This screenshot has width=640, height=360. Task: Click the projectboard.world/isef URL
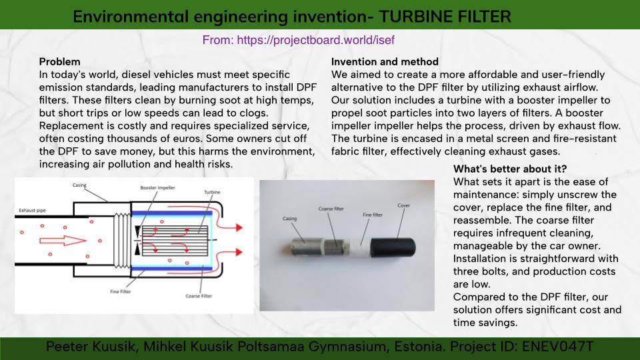click(x=315, y=40)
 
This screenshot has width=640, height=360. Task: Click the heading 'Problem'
click(x=59, y=61)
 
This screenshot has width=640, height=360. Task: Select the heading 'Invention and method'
click(x=385, y=61)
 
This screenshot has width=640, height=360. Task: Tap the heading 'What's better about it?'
click(x=510, y=169)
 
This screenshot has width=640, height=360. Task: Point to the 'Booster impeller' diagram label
click(x=157, y=188)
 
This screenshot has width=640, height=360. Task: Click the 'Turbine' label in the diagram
click(x=212, y=192)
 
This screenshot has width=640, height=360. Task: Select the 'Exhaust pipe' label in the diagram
click(x=32, y=211)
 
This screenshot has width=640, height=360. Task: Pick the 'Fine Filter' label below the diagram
click(x=121, y=291)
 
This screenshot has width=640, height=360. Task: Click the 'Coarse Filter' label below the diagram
click(x=199, y=296)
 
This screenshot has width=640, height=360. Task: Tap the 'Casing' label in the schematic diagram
click(x=79, y=185)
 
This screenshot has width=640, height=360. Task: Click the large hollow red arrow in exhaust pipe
click(x=63, y=241)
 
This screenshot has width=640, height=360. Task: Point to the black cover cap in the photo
click(x=393, y=248)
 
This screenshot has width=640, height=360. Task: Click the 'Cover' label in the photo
click(x=404, y=205)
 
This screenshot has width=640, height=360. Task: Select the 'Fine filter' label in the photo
click(x=373, y=215)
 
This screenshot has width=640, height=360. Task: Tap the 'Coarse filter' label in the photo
click(x=331, y=209)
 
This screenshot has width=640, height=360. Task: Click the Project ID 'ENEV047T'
click(x=557, y=347)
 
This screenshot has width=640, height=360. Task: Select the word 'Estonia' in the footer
click(x=419, y=347)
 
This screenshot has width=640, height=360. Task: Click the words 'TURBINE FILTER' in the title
click(x=445, y=17)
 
